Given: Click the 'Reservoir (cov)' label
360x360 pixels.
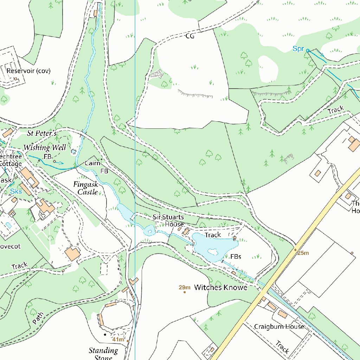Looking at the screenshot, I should (28, 71).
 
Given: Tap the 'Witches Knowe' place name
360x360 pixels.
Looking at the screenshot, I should (220, 288).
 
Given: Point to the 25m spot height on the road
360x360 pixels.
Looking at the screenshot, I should (303, 253).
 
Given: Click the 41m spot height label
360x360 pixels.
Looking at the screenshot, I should (118, 339).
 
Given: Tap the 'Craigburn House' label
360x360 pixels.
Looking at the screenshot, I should (279, 327).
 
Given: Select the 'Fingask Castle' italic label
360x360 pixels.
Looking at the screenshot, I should (85, 188).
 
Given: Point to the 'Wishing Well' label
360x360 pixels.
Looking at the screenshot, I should (44, 147).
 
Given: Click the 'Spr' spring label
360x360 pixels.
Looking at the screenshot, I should (298, 49).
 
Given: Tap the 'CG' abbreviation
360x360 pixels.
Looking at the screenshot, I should (190, 36).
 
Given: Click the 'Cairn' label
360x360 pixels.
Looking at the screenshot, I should (92, 163).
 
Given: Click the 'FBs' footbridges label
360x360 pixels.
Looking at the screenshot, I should (236, 257).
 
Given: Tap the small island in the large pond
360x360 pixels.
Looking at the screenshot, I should (212, 252).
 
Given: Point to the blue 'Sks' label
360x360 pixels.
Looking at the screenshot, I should (16, 191).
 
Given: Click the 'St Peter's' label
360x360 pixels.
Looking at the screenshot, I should (42, 133).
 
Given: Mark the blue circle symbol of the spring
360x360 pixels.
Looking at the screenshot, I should (308, 51).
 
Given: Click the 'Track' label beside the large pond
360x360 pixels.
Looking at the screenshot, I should (213, 235).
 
